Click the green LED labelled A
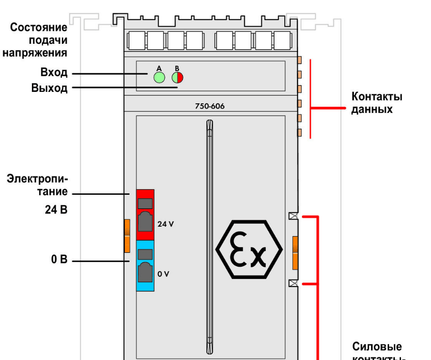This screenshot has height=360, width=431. pos(159,78)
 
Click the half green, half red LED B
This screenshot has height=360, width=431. pos(178,78)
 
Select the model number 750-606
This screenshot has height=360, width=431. pos(210,107)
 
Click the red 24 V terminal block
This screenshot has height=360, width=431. pos(145,215)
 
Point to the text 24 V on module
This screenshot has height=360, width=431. pos(166,224)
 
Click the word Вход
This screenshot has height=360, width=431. pos(54,73)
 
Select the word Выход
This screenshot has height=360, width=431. pos(50,88)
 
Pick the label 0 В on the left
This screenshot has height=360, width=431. pos(60,261)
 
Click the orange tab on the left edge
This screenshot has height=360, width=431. pos(127,236)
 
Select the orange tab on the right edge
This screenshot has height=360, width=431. pos(295,252)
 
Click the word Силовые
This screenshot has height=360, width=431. pos(377,346)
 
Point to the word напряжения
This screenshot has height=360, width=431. pos(35,52)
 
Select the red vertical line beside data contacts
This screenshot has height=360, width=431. pos(311,99)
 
